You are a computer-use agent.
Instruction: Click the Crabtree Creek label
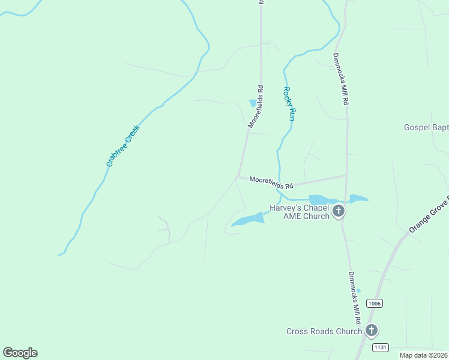pos(122,146)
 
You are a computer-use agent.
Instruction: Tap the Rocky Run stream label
pos(288,104)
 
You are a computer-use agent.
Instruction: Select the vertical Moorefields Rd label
pos(256,106)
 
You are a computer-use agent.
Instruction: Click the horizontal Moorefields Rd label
pos(271,181)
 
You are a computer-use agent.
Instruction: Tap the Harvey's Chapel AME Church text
pos(299,212)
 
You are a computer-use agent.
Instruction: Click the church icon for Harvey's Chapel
pos(339,211)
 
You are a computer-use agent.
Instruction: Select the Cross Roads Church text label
pos(324,331)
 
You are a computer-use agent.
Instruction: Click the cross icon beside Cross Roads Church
pos(372,331)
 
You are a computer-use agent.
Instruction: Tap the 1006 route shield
pos(375,304)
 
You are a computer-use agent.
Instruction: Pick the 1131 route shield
pos(380,347)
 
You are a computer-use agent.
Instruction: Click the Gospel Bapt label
pos(426,127)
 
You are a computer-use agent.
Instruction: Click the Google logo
pos(20,353)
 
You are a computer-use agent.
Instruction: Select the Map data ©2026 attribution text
pos(423,355)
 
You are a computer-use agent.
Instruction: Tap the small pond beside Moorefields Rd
pos(253,103)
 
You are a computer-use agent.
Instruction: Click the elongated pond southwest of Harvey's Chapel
pos(249,220)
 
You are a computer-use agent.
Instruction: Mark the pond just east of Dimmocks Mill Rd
pos(358,198)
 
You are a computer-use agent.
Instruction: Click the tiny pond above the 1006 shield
pos(358,290)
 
